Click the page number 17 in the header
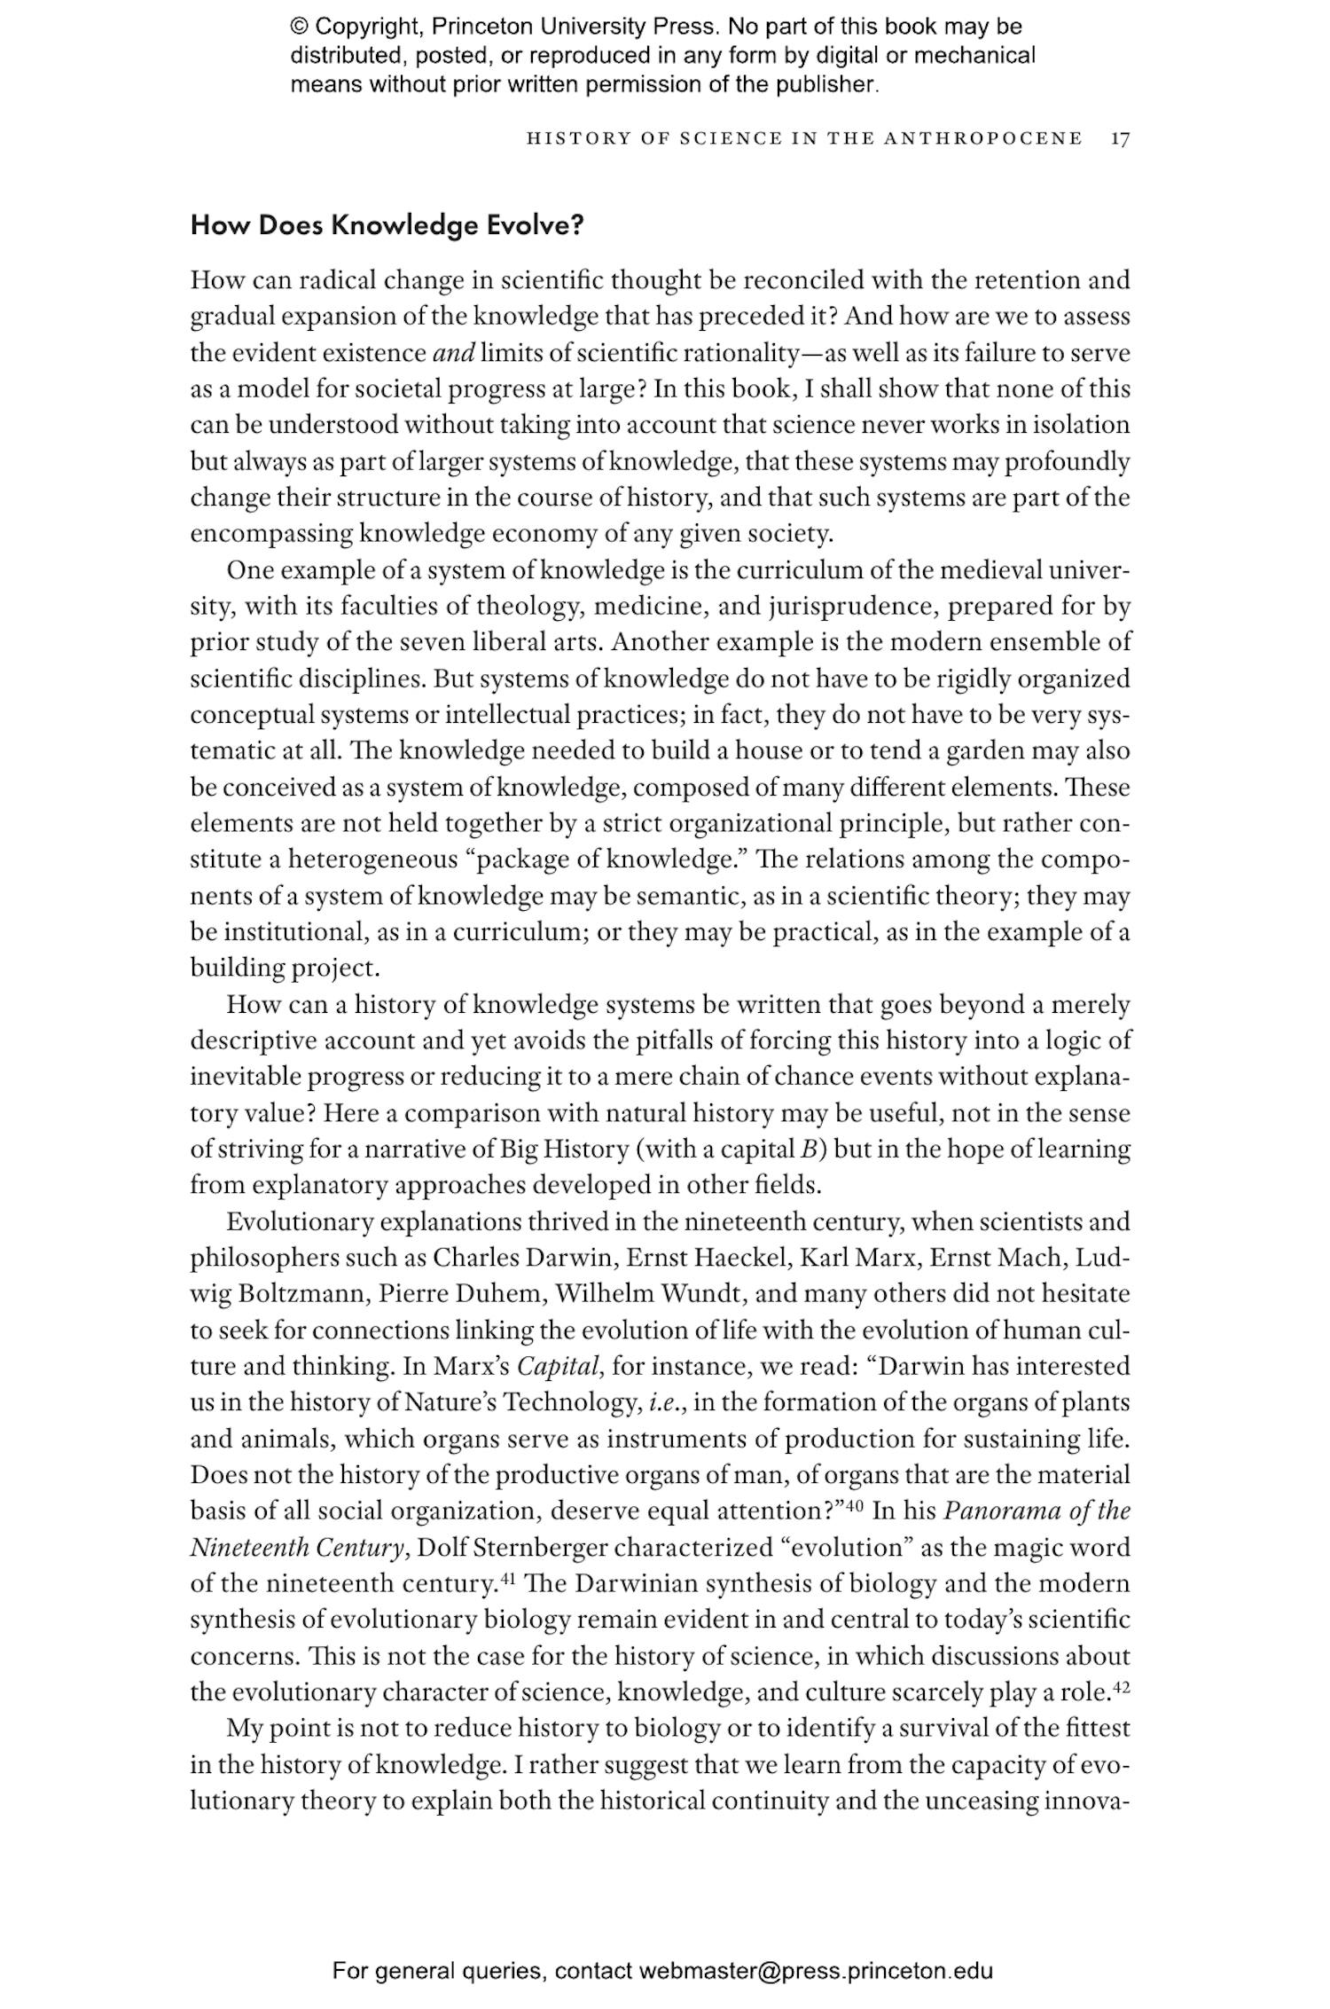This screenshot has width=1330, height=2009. pos(1120,138)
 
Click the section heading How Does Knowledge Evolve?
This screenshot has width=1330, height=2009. pos(387,225)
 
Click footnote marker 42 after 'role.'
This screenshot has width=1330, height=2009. pos(1121,1685)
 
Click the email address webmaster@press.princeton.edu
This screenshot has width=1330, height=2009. pos(815,1971)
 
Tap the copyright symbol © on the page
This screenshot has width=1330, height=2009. pos(298,27)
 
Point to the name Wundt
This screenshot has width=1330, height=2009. pos(698,1293)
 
